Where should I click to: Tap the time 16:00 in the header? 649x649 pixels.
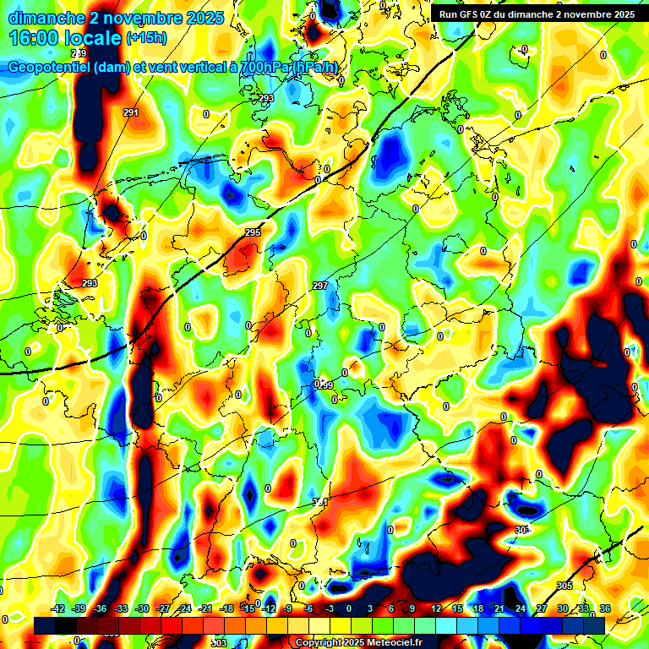pyautogui.click(x=39, y=38)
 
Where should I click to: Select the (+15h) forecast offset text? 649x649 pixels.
pyautogui.click(x=146, y=38)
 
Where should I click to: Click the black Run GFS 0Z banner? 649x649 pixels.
pyautogui.click(x=537, y=14)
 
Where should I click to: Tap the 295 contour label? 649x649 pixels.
pyautogui.click(x=253, y=232)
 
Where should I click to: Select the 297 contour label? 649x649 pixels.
pyautogui.click(x=319, y=286)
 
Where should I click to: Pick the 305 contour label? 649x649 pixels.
pyautogui.click(x=564, y=586)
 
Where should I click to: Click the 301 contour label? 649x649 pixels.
pyautogui.click(x=320, y=502)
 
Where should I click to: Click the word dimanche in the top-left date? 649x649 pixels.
pyautogui.click(x=46, y=17)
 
